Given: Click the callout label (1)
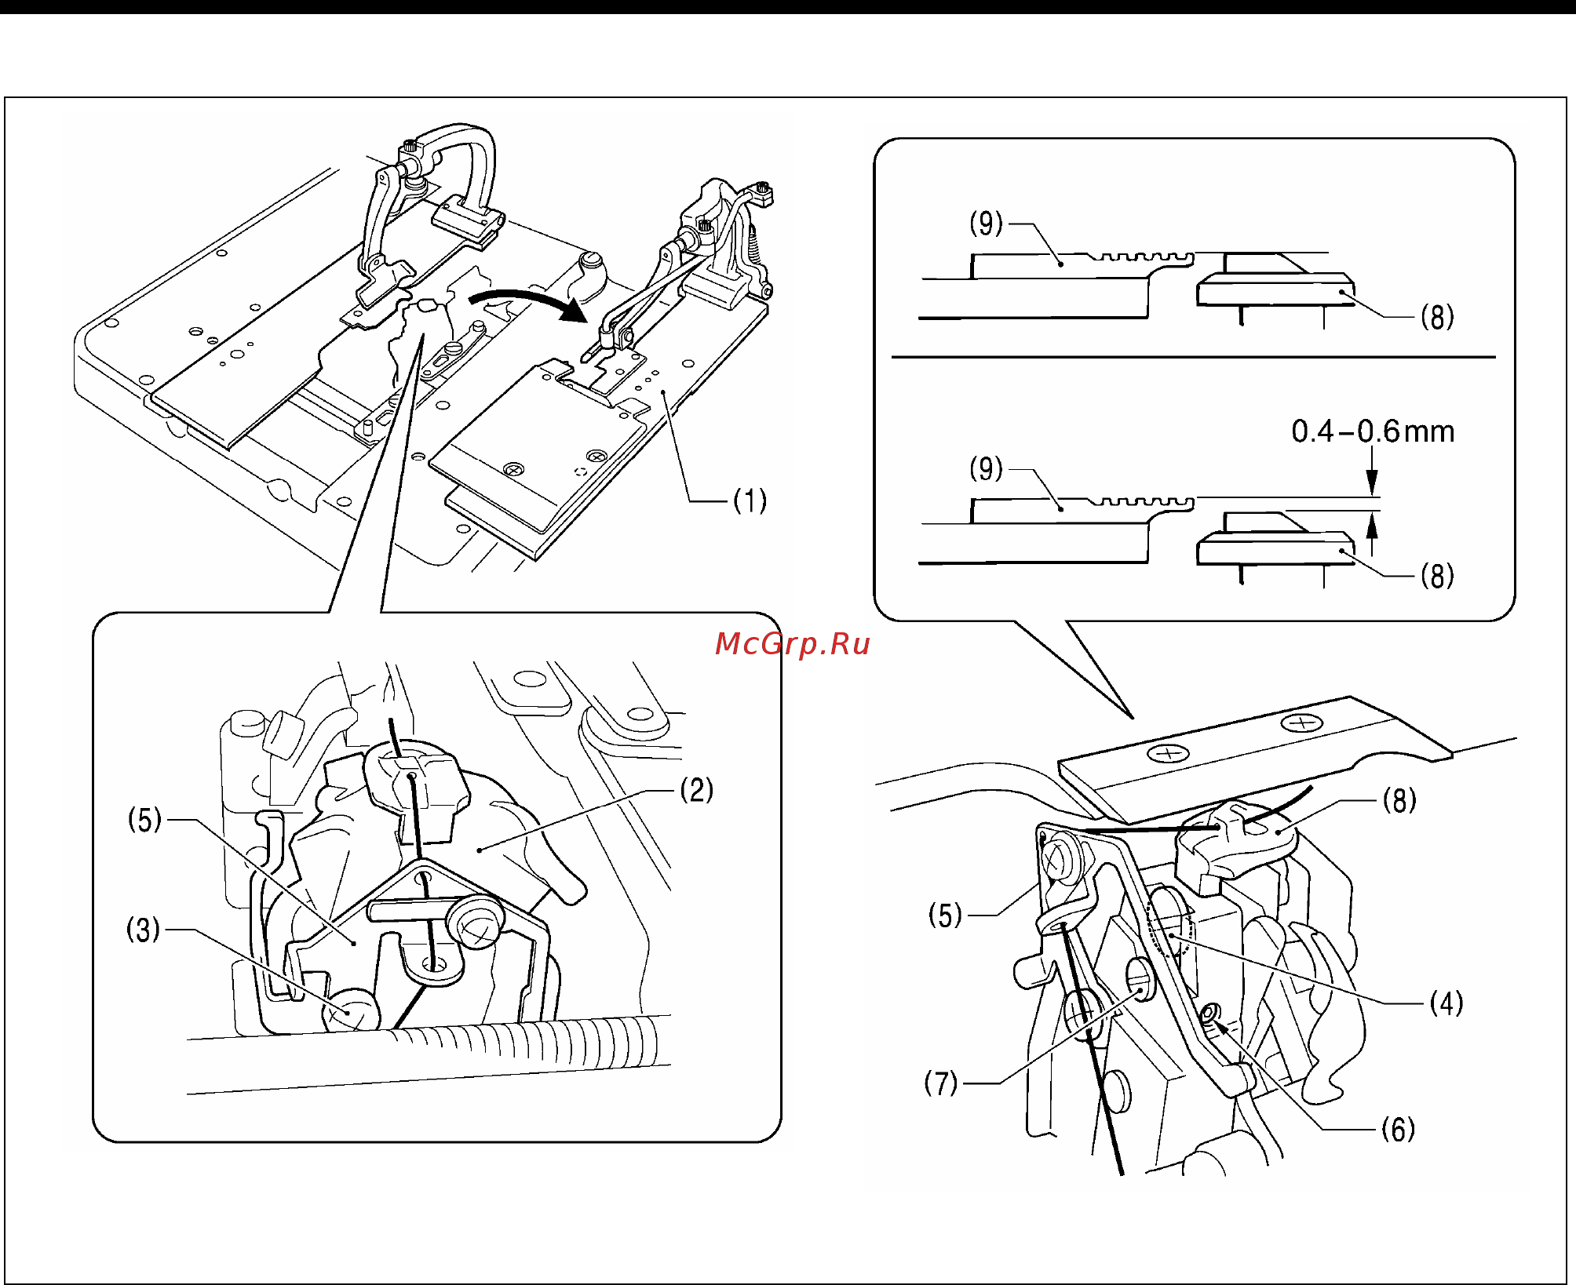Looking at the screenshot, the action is [750, 501].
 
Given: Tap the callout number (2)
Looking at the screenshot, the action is [697, 789].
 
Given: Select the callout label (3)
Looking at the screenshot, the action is [144, 930].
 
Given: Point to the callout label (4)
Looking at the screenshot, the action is [1446, 1003].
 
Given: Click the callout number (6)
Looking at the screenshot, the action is [1398, 1130].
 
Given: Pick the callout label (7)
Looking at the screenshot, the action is [941, 1083].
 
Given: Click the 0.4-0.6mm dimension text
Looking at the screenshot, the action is [1373, 431].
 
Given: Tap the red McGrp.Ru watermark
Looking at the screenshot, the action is [792, 644].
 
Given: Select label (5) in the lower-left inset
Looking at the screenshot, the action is [144, 821].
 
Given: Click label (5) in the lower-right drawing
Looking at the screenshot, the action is [945, 916].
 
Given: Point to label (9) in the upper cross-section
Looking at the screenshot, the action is [987, 224].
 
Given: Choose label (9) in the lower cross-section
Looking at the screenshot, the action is [987, 469].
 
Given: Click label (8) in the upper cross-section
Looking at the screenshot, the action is [1437, 317].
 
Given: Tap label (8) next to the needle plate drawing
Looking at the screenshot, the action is [1399, 800].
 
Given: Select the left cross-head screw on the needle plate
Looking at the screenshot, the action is [1169, 755].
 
